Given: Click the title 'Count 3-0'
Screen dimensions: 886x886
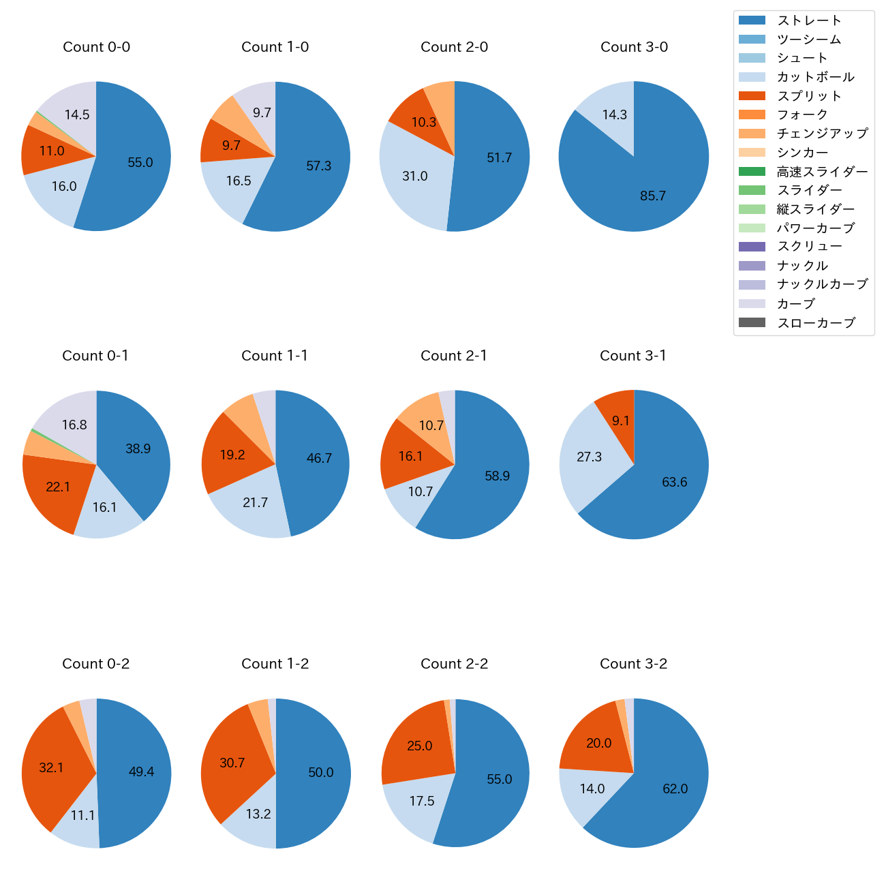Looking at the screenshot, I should (x=634, y=47).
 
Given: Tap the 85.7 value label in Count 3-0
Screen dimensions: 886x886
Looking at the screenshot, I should (x=653, y=196).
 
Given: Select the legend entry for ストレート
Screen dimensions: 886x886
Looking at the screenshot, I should (x=809, y=20).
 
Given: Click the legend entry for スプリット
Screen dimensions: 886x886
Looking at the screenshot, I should (x=809, y=96).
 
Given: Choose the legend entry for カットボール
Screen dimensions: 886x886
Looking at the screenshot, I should (x=815, y=77).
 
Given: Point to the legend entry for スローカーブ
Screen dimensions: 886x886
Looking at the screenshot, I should (x=816, y=323).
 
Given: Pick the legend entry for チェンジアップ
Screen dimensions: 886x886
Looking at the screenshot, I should (x=822, y=134).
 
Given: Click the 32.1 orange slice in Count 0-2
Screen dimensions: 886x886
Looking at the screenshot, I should (x=51, y=767).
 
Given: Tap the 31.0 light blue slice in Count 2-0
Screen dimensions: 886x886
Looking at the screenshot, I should (x=414, y=177).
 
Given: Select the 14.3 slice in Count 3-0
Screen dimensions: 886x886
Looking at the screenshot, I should (x=614, y=114).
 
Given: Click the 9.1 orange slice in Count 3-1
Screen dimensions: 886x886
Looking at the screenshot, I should (x=620, y=421).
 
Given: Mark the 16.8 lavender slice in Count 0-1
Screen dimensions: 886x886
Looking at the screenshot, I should (x=74, y=425).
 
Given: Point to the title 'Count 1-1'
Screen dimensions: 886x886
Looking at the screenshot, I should (x=275, y=356).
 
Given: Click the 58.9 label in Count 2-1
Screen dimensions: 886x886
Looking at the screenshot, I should (x=497, y=476).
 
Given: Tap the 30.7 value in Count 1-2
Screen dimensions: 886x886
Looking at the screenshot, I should (x=232, y=763).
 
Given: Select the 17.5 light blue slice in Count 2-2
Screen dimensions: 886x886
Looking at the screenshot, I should (x=421, y=801).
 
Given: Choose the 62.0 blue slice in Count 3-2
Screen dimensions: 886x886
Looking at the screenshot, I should (x=675, y=789).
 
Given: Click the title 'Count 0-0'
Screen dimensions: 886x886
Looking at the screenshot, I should (x=96, y=47).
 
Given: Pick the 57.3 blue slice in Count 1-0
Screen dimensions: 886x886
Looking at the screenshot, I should (x=319, y=166).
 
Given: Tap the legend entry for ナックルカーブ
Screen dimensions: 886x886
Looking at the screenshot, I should (x=822, y=285).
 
